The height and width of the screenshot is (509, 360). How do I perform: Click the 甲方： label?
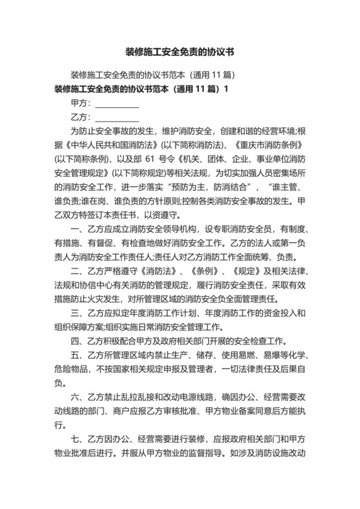pyautogui.click(x=81, y=103)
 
